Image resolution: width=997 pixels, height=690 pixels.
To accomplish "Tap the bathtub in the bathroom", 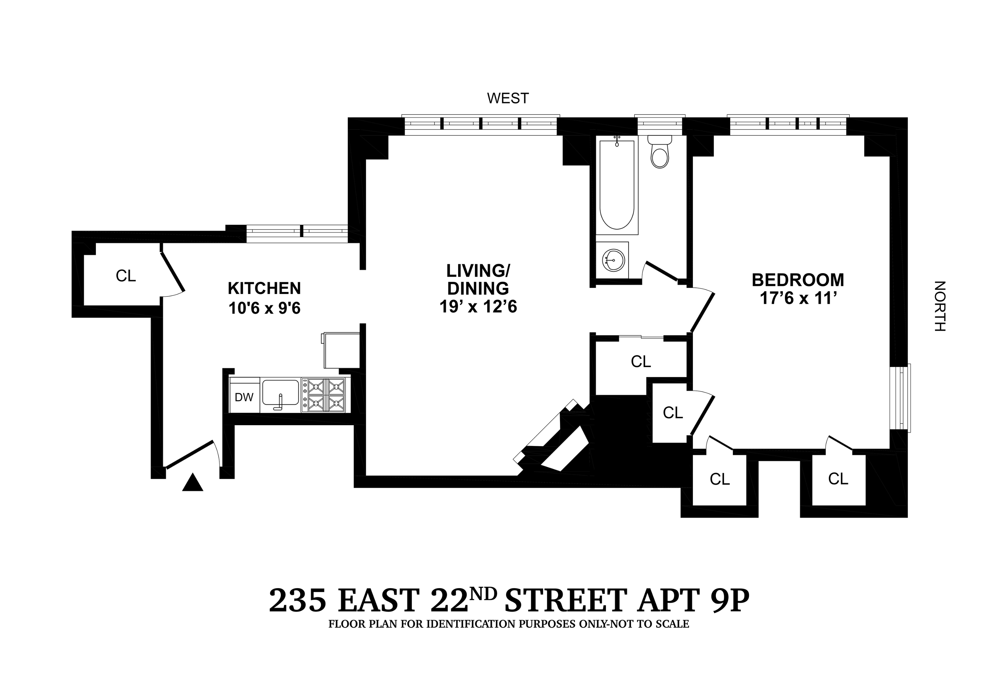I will click(x=617, y=185).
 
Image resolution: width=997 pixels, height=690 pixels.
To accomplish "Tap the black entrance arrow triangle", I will click(x=192, y=483).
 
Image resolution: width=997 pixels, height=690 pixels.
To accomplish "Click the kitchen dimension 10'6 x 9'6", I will click(x=264, y=308).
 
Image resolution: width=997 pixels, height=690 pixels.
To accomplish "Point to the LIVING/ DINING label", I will click(x=478, y=279).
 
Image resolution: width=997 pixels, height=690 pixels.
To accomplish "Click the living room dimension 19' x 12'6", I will click(x=478, y=307).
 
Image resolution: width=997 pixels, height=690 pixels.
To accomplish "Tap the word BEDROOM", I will click(x=798, y=280).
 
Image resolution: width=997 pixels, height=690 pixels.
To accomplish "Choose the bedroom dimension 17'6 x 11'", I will click(x=798, y=299).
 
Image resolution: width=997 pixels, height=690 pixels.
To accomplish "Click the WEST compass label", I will click(x=508, y=99).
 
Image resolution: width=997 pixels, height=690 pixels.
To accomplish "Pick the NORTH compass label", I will click(x=940, y=306).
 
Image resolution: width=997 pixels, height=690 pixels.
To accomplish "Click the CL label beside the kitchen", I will click(x=126, y=276).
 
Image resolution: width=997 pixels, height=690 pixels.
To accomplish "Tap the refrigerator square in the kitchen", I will click(x=341, y=350).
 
